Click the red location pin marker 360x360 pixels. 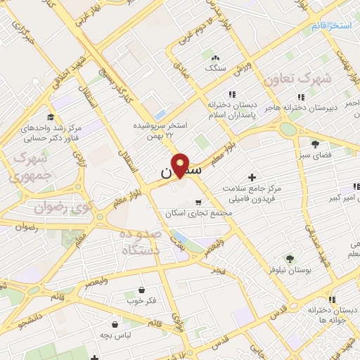point(181,165)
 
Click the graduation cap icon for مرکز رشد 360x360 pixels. point(50,117)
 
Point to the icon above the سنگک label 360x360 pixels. point(214,58)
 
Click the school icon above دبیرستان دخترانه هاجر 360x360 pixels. point(301,96)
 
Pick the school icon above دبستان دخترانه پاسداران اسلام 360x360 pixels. point(231,94)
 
